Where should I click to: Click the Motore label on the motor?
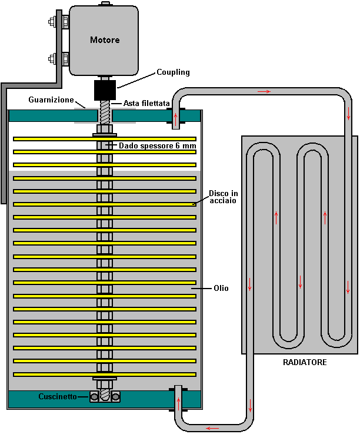(x=105, y=40)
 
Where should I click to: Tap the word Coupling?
(x=173, y=72)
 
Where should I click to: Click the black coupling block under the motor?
(x=105, y=90)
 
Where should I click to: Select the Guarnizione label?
(x=51, y=100)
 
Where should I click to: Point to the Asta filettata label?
(x=146, y=103)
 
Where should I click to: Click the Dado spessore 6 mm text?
(x=157, y=145)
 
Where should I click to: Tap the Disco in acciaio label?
(x=223, y=197)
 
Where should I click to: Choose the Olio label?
(x=221, y=288)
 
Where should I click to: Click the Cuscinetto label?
(x=58, y=396)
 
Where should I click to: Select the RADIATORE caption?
(x=305, y=362)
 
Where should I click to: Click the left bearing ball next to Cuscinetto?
(x=94, y=397)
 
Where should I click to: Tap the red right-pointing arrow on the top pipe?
(x=264, y=91)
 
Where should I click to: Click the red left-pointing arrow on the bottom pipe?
(x=212, y=428)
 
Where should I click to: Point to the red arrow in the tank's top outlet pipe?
(x=175, y=119)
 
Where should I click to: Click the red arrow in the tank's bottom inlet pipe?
(x=179, y=404)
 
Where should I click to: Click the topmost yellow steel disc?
(x=105, y=139)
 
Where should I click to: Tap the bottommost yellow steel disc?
(x=105, y=375)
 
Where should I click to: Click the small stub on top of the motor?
(x=105, y=4)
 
